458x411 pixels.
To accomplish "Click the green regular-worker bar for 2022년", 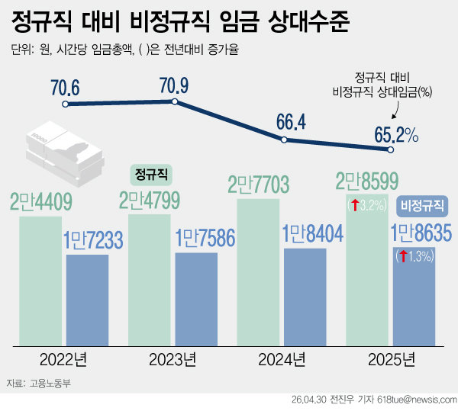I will (x=40, y=278).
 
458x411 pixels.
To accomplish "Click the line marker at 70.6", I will (x=66, y=104).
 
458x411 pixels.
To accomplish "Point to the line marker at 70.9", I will (x=175, y=101).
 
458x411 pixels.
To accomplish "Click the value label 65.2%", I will (x=395, y=135).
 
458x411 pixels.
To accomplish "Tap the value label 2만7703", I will (x=260, y=185).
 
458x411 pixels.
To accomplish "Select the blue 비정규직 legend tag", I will (x=423, y=205).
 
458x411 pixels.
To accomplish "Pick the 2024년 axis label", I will (x=282, y=358).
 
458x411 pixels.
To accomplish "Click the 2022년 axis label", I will (x=65, y=358).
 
